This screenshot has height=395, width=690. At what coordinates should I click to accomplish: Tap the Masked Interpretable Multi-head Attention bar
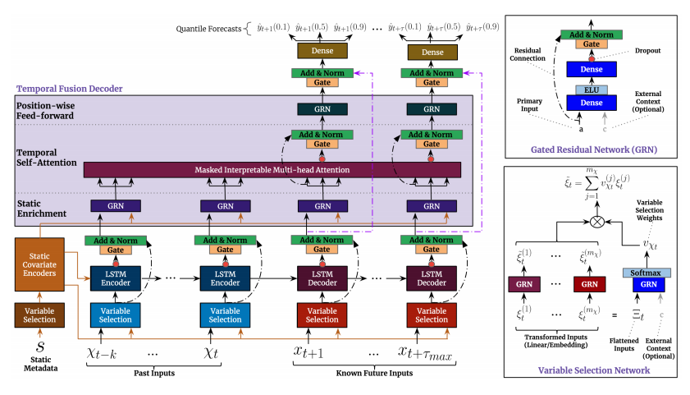point(272,169)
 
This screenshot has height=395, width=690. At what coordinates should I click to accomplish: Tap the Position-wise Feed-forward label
point(48,111)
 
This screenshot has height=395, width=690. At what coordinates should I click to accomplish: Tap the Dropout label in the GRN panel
point(653,52)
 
